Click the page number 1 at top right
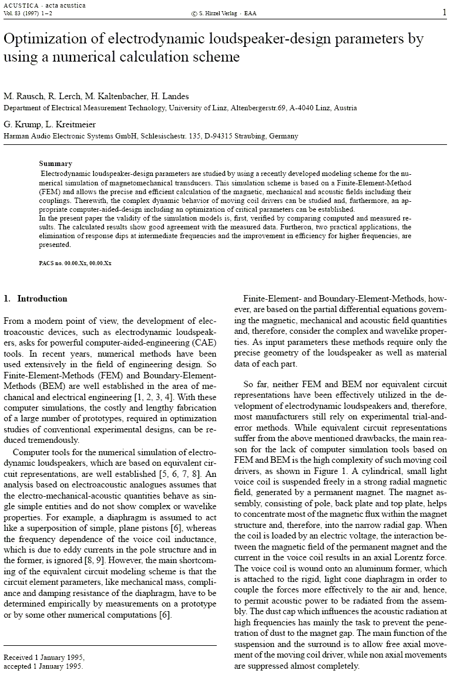(x=443, y=12)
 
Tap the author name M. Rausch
(x=23, y=96)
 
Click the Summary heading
(x=55, y=164)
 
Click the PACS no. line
(x=75, y=263)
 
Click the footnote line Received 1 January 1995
(x=44, y=657)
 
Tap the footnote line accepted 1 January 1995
(x=43, y=666)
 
